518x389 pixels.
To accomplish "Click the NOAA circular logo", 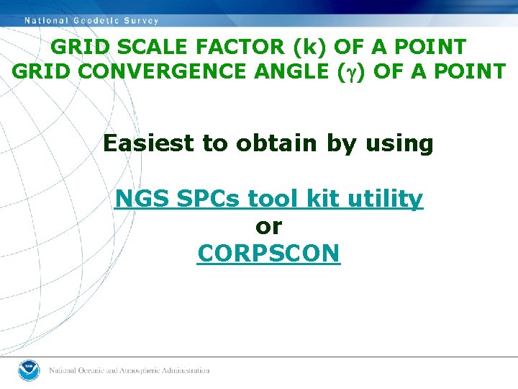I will pyautogui.click(x=29, y=370).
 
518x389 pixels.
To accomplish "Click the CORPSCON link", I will pyautogui.click(x=268, y=254).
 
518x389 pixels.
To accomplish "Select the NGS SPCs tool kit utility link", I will pyautogui.click(x=269, y=198).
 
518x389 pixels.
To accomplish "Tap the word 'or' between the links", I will pyautogui.click(x=268, y=226).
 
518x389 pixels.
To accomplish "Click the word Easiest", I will pyautogui.click(x=149, y=143).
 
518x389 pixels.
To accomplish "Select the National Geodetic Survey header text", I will pyautogui.click(x=92, y=20).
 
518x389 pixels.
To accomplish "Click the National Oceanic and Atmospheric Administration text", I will pyautogui.click(x=129, y=370).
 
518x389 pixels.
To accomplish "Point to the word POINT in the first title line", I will pyautogui.click(x=429, y=47).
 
